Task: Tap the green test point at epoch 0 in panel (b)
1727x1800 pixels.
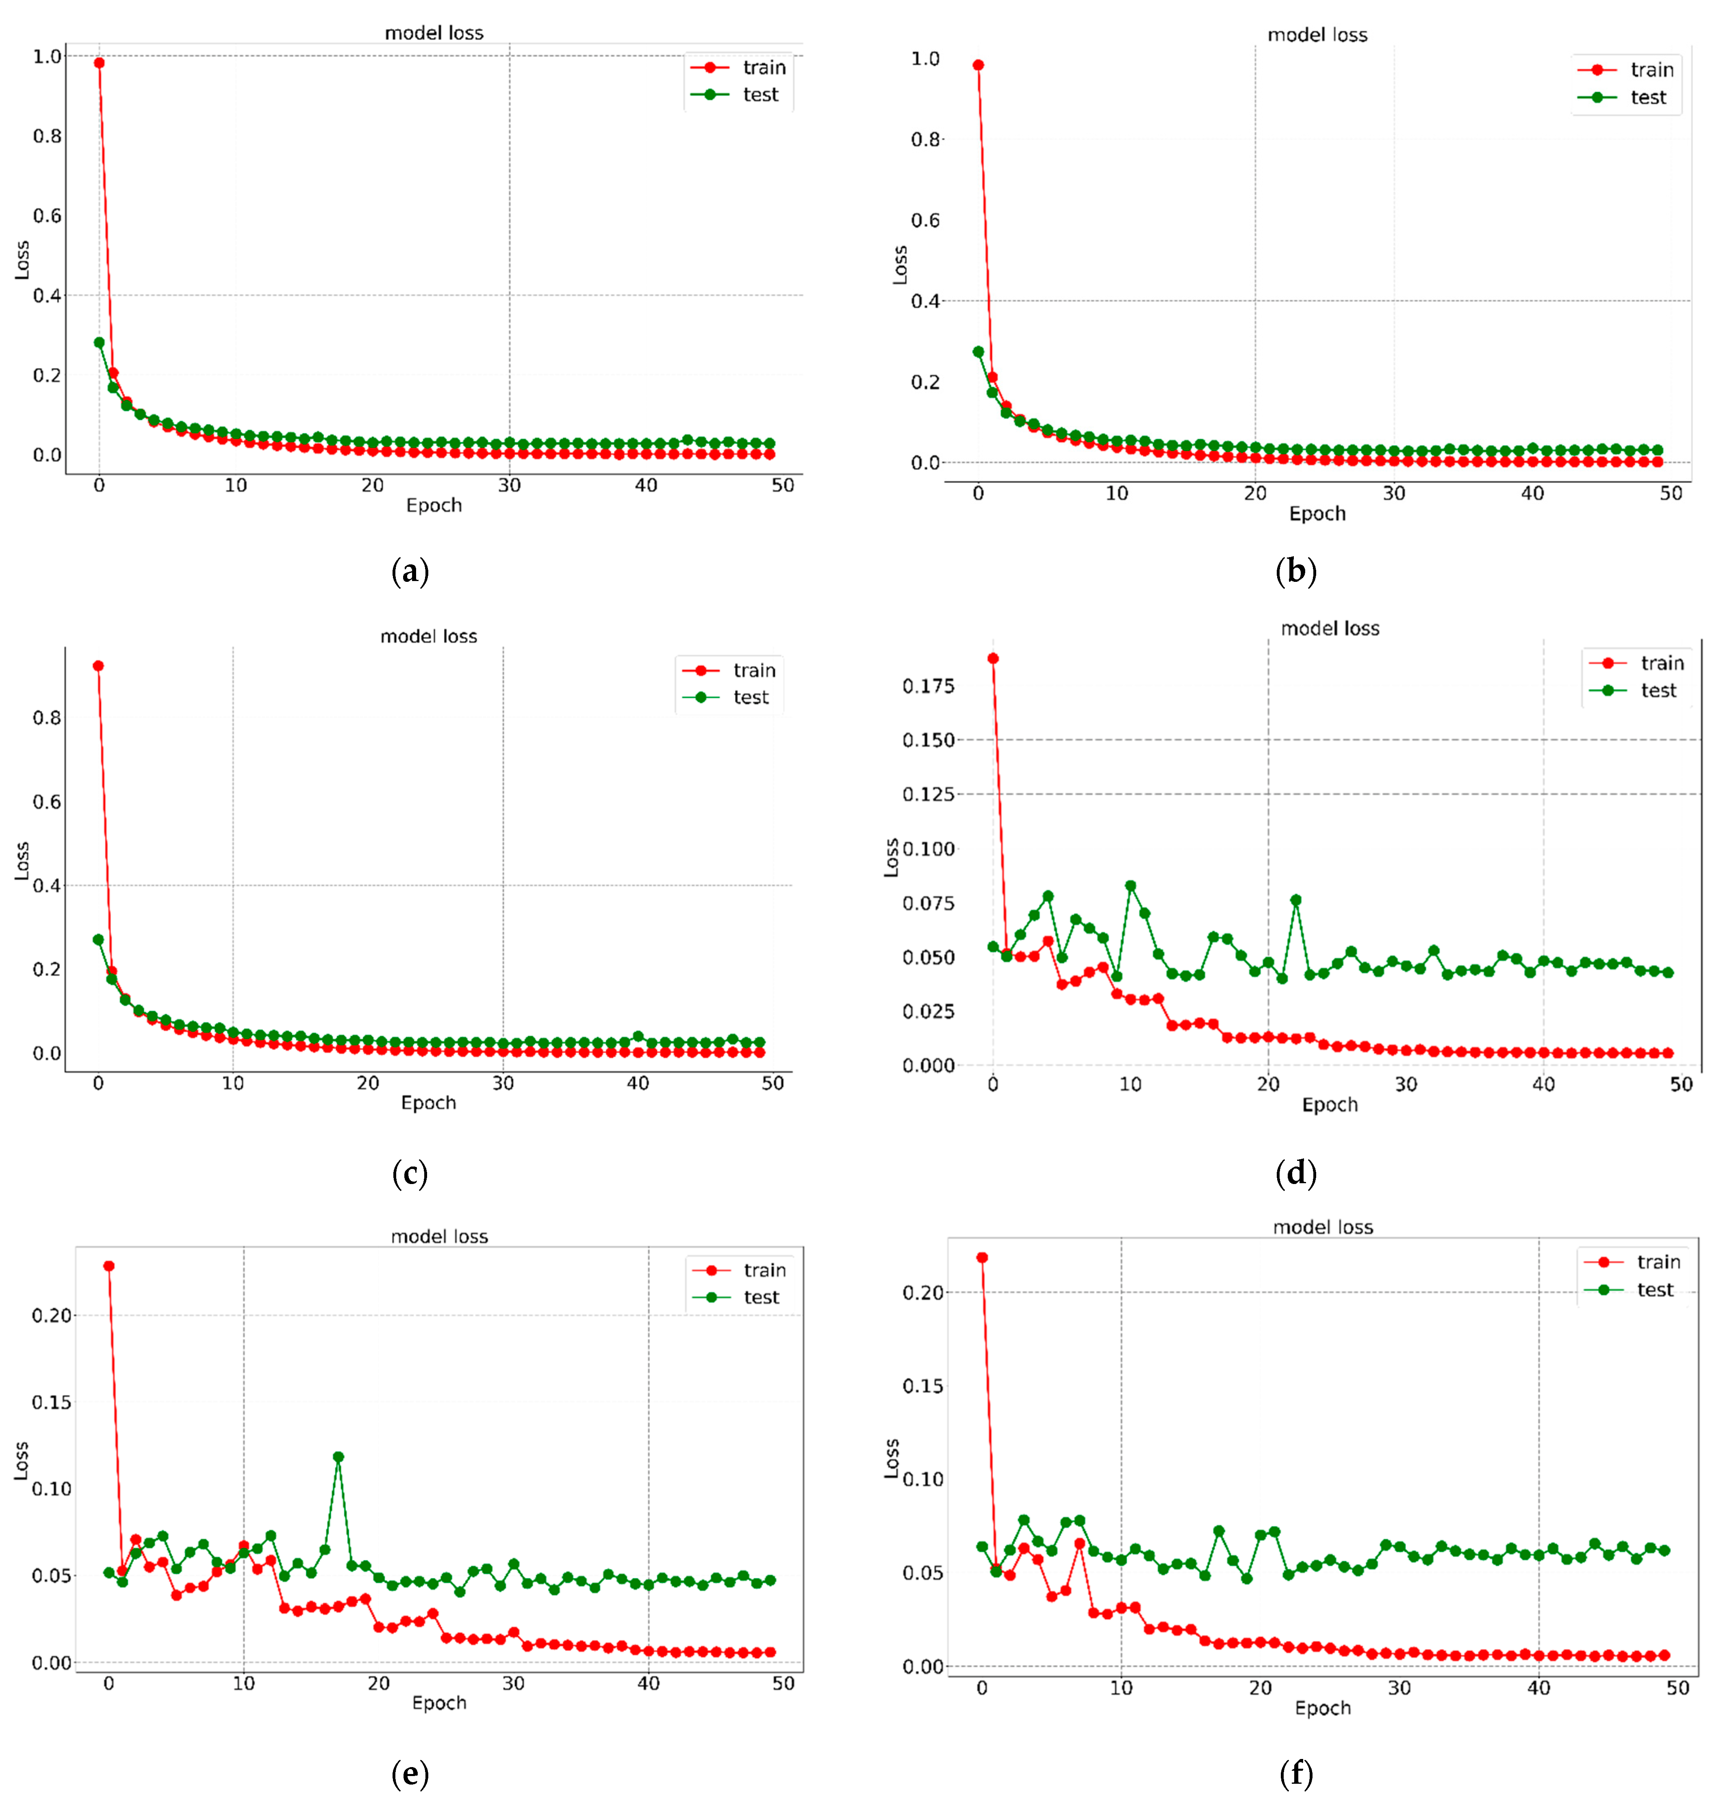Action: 978,352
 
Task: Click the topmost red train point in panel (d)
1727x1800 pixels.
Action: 993,659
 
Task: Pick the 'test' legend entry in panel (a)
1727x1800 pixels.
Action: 760,95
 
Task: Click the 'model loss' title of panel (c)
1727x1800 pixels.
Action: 429,636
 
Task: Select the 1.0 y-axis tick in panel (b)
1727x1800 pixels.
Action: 925,59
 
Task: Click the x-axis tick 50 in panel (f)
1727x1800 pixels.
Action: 1677,1688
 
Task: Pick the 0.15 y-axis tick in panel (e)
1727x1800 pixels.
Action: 52,1402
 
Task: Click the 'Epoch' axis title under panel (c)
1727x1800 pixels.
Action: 428,1102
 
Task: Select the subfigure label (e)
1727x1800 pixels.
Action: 410,1772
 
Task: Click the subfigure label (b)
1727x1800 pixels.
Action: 1296,571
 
